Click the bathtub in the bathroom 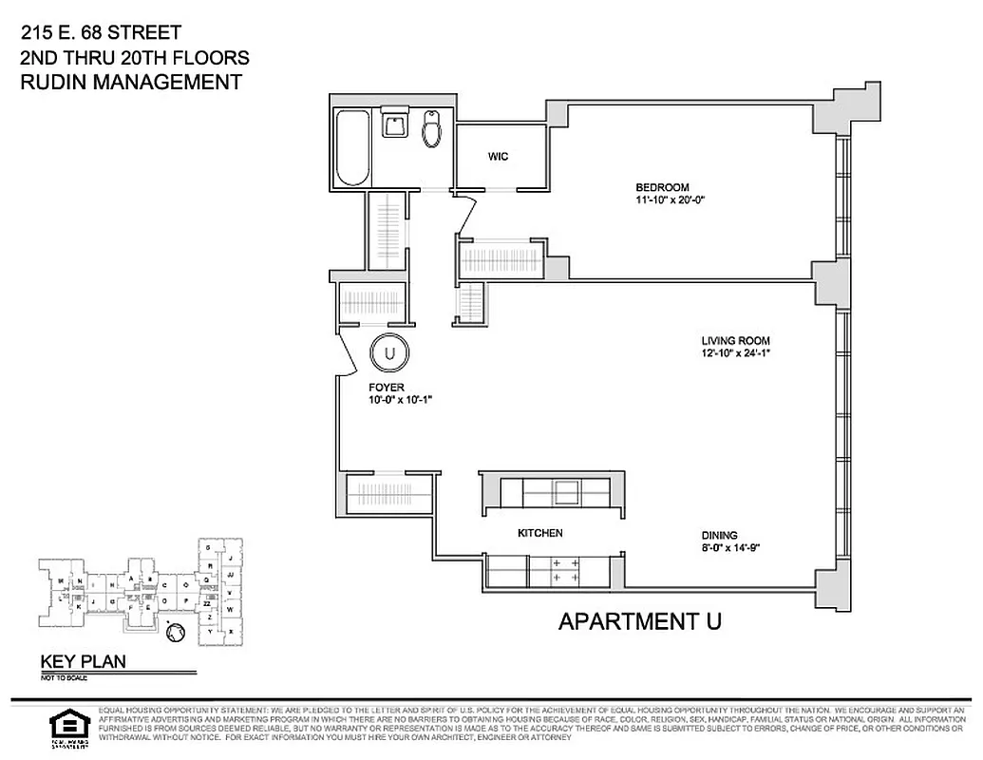coord(352,147)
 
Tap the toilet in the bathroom coord(432,129)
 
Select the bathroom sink coord(394,123)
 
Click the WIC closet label coord(499,157)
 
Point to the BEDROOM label coord(663,187)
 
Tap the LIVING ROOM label coord(735,341)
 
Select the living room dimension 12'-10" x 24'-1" coord(736,354)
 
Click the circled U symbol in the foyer coord(389,353)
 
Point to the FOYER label coord(387,388)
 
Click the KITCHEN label coord(539,534)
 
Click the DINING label coord(720,535)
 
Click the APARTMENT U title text coord(640,622)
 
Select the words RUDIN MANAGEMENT coord(131,82)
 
